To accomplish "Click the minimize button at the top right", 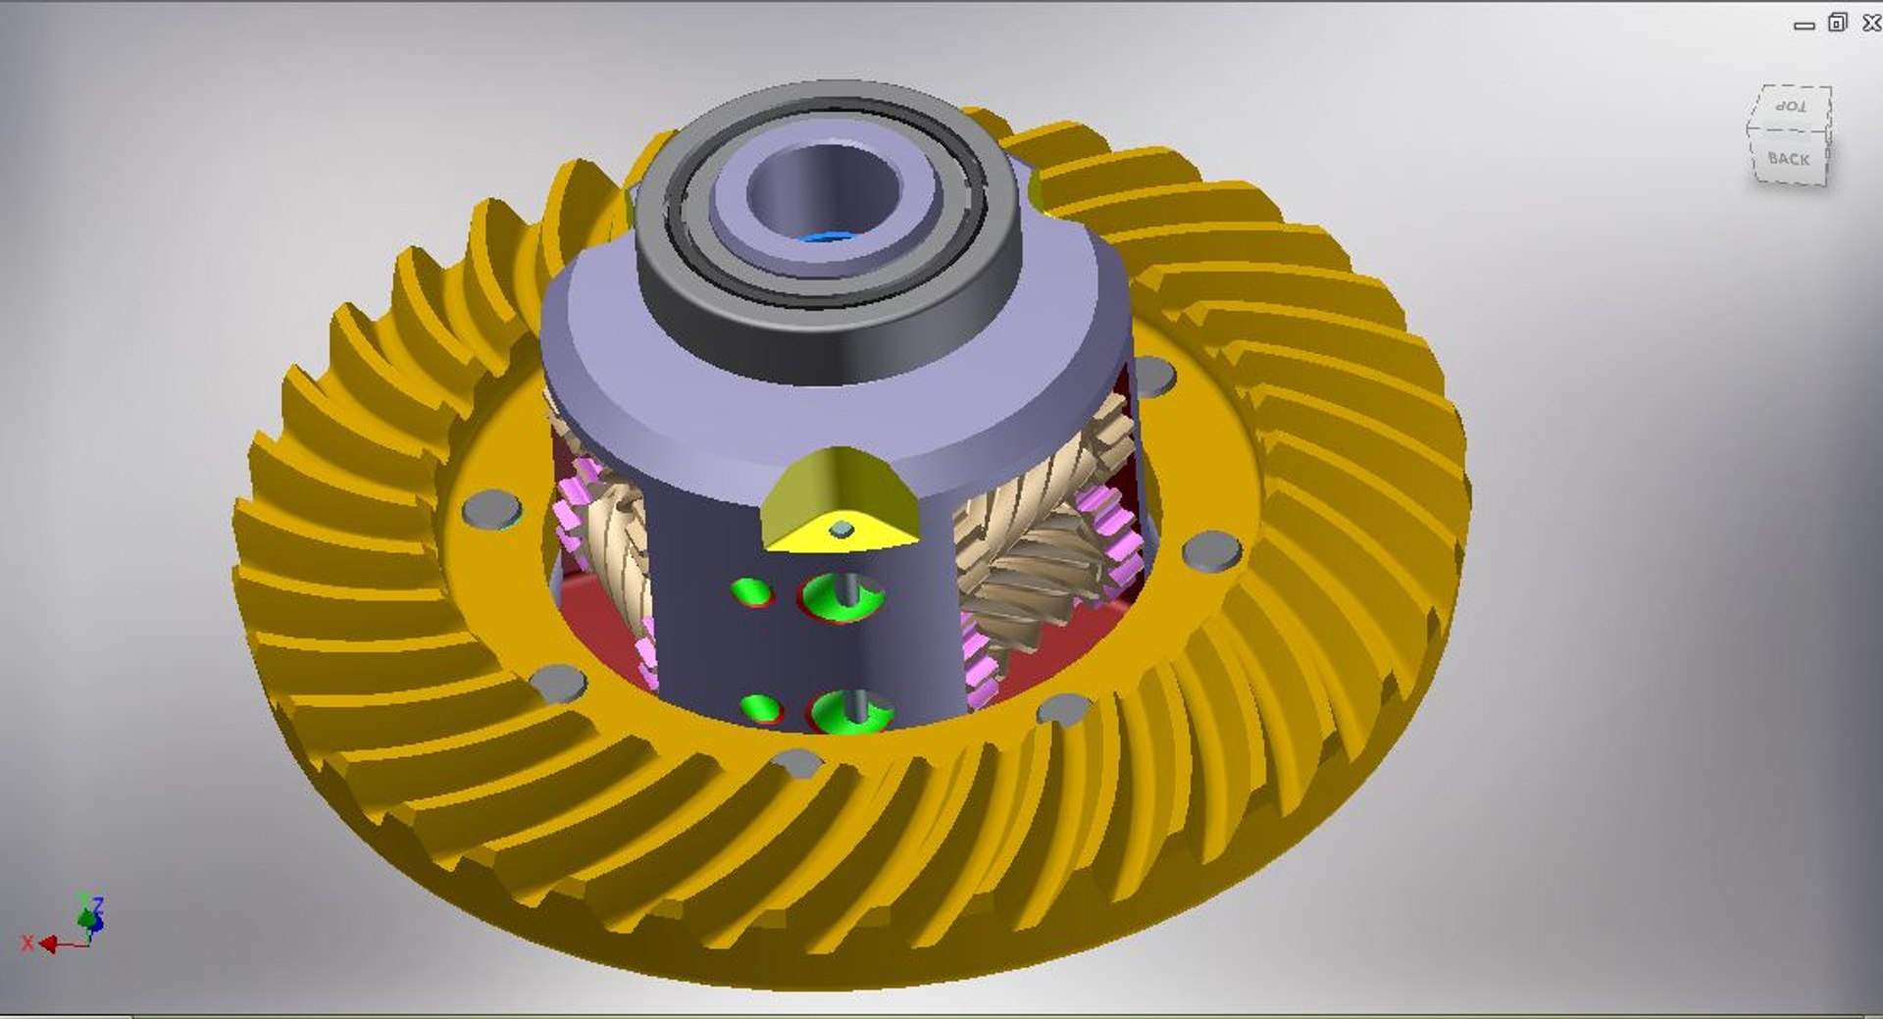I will tap(1804, 25).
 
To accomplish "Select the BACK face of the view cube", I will tap(1788, 159).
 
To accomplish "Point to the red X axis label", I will tap(27, 943).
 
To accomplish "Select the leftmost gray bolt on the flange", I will tap(490, 509).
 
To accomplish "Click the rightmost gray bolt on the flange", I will tap(1211, 550).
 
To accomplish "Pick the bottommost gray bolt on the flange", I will tap(796, 762).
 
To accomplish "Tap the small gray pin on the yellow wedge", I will tap(841, 530).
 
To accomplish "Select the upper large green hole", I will tap(841, 596).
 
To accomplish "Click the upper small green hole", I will tap(752, 591).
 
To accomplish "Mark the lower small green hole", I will tap(760, 707).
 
